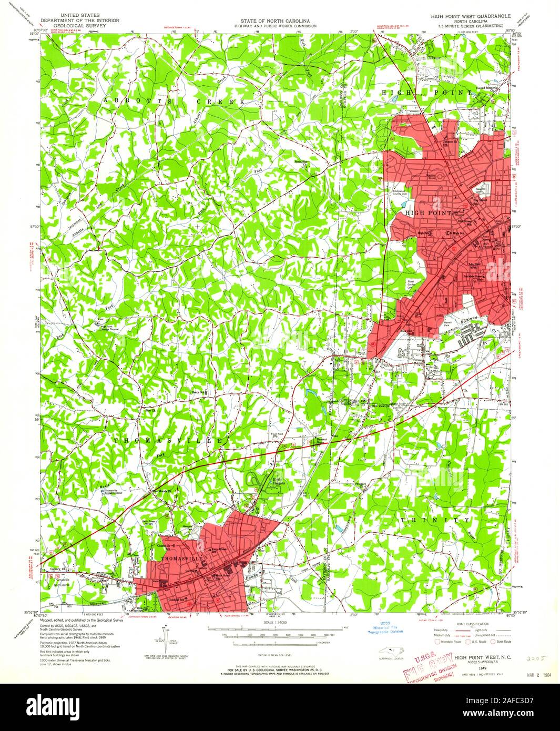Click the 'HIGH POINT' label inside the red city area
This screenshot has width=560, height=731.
(428, 213)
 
